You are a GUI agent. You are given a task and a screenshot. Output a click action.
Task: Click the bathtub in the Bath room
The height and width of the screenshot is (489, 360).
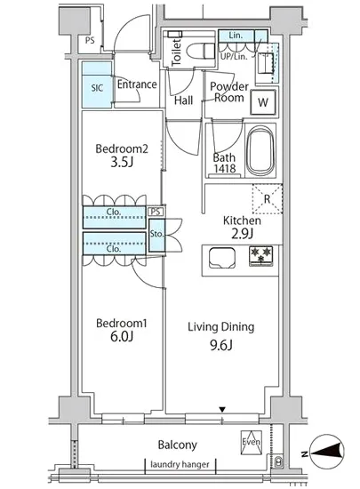[x=260, y=151]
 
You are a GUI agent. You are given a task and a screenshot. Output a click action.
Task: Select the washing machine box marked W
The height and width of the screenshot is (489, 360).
[x=263, y=102]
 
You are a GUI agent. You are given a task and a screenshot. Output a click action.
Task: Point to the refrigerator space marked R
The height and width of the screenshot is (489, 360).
[x=268, y=199]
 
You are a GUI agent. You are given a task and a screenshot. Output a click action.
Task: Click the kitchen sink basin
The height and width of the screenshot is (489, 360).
[x=222, y=258]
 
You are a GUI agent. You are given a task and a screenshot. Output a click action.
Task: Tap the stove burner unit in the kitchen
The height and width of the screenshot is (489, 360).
[x=260, y=256]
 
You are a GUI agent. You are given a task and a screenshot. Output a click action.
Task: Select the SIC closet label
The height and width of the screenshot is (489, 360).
[x=97, y=88]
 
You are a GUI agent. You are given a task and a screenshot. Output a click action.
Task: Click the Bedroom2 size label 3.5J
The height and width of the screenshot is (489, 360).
[x=122, y=163]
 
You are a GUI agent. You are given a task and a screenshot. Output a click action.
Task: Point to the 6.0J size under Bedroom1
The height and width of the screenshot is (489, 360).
[x=122, y=336]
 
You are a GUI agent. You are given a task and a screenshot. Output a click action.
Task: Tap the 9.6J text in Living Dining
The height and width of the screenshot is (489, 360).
[x=221, y=345]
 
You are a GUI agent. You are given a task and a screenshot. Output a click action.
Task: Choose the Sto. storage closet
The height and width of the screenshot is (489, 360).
[x=156, y=235]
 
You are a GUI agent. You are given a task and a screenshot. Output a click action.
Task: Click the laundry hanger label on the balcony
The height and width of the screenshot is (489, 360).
[x=180, y=465]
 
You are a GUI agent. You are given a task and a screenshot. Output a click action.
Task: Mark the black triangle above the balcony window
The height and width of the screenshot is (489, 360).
[x=222, y=409]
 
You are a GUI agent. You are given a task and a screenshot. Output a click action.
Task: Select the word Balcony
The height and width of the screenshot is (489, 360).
[x=178, y=445]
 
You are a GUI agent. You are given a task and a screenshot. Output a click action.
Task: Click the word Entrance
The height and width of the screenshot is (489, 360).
[x=137, y=84]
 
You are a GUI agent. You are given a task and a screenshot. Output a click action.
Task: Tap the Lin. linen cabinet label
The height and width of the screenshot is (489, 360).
[x=236, y=36]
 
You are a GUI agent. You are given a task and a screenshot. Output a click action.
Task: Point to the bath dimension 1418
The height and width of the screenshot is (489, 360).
[x=224, y=168]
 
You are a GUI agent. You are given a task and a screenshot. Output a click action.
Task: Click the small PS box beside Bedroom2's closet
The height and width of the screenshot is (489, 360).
[x=156, y=212]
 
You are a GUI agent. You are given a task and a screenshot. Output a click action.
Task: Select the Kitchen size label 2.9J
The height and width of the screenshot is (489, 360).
[x=242, y=234]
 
